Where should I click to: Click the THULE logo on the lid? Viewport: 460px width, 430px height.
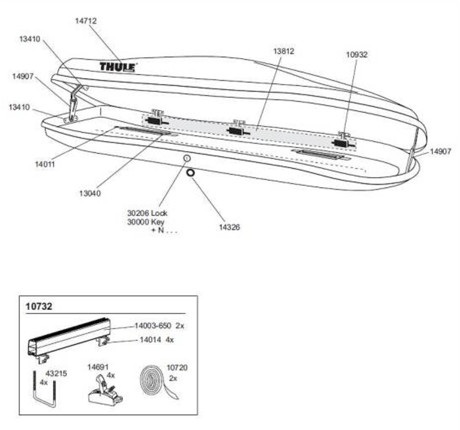click(x=118, y=67)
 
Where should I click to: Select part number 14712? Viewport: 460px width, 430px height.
click(x=85, y=21)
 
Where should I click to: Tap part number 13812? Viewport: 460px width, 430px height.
click(x=284, y=52)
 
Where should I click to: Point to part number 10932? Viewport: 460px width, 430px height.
click(x=357, y=54)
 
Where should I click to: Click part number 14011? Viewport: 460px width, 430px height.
click(x=44, y=164)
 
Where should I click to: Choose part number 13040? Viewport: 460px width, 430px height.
click(x=90, y=193)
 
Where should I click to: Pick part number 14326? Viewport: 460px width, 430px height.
click(x=229, y=227)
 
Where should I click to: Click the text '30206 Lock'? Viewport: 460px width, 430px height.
click(x=147, y=213)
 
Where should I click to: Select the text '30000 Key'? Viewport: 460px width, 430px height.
click(x=145, y=222)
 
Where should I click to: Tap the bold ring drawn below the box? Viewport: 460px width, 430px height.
click(x=190, y=172)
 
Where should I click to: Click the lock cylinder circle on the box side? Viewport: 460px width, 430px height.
click(x=187, y=158)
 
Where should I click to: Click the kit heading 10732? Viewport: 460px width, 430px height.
click(x=39, y=306)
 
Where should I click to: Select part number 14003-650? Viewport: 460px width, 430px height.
click(x=153, y=326)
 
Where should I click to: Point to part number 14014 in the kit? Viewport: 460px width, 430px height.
click(x=150, y=340)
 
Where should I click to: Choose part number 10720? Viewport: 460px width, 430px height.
click(x=177, y=368)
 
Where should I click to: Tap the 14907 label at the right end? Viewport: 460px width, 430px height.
click(x=440, y=151)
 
